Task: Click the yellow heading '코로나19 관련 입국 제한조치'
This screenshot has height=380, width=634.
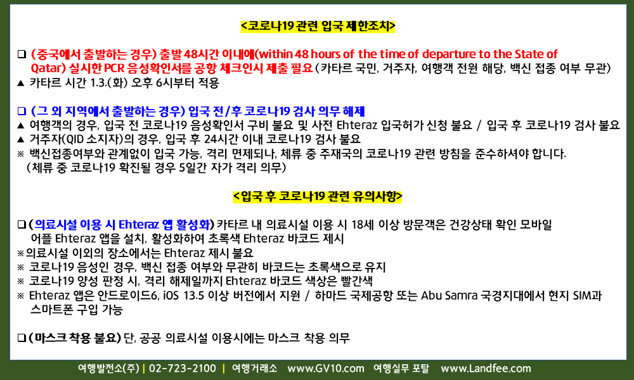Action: point(318,26)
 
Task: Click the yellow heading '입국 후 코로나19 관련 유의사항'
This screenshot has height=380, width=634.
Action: point(318,196)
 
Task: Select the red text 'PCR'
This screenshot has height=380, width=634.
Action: point(114,68)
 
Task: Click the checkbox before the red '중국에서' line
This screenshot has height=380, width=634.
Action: point(22,54)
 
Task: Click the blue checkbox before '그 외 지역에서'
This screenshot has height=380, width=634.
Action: point(22,111)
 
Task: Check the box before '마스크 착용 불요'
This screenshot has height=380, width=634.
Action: point(22,338)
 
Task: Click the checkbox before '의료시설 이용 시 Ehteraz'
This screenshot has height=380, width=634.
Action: point(22,225)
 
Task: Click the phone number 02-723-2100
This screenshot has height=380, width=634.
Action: point(183,369)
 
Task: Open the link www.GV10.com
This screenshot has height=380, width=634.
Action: point(325,369)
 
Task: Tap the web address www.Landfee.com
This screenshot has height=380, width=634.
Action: point(486,369)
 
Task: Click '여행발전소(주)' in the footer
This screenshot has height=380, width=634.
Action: point(108,369)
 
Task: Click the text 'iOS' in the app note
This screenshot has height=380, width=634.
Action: point(171,296)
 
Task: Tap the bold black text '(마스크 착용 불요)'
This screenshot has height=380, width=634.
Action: point(75,338)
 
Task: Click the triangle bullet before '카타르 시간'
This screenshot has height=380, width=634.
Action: point(21,83)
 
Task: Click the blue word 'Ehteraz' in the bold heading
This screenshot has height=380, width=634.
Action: point(138,225)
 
